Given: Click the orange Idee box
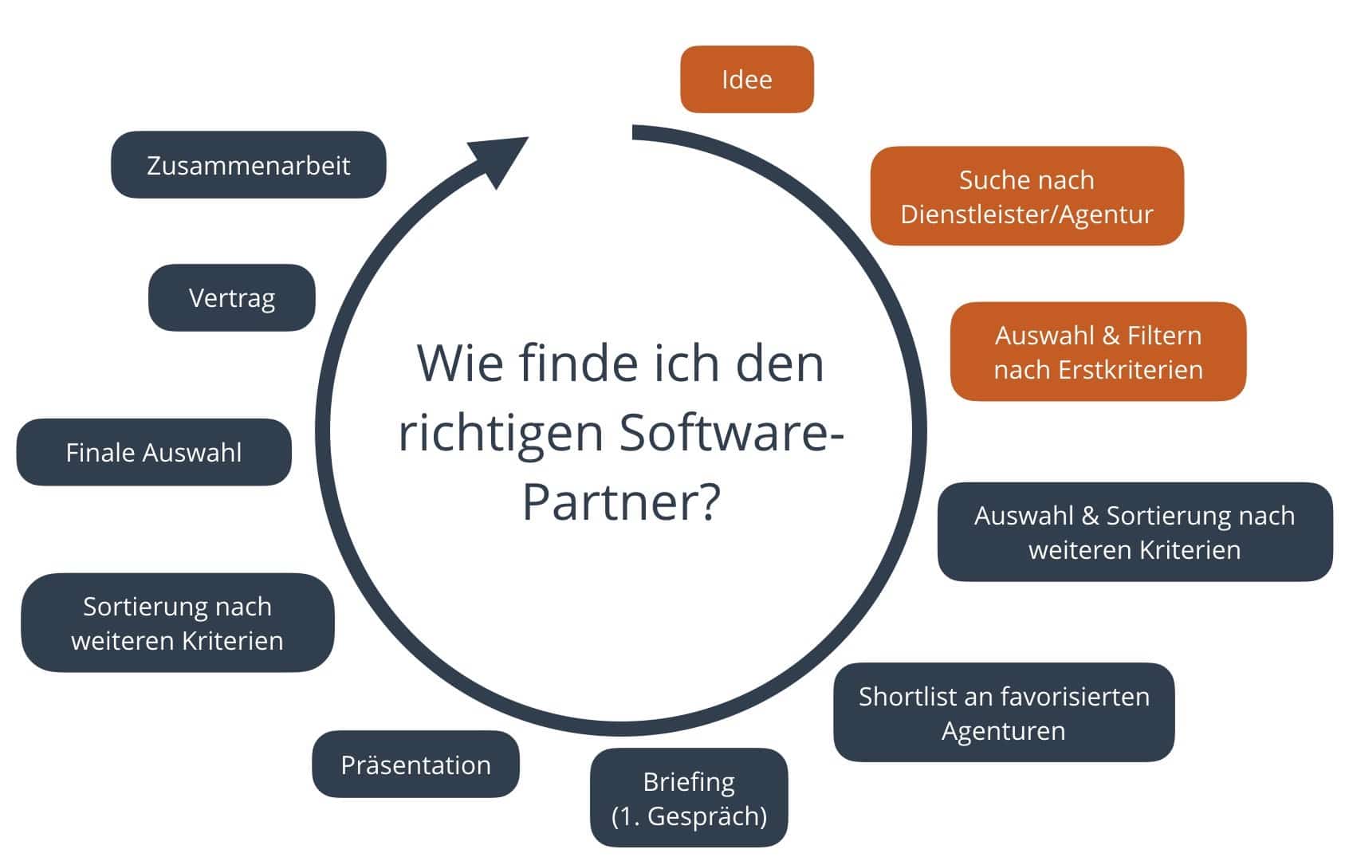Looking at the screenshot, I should coord(746,80).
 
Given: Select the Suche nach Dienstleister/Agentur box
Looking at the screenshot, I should coord(1026,196).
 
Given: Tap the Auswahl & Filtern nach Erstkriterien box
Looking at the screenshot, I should coord(1098,352).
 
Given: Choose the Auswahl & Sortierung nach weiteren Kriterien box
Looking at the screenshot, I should coord(1134,532).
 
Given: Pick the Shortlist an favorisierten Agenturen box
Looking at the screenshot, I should coord(1003,713).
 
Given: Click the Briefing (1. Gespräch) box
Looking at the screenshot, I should coord(689,798).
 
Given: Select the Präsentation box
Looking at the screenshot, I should coord(415,765).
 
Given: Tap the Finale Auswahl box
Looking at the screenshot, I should coord(154,453).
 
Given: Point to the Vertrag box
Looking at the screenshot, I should coord(232,298).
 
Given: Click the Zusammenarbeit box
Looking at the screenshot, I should coord(248,165).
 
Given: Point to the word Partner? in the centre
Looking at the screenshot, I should coord(621,501).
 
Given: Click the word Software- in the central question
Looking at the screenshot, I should coord(731,432).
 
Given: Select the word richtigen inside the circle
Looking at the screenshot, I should coord(501,434).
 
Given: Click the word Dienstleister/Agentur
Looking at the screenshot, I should coord(1026,214).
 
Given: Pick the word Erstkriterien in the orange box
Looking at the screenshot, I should coord(1131,370).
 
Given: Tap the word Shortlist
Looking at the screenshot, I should coord(908,697).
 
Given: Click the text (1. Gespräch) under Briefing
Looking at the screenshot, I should coord(689,816).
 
